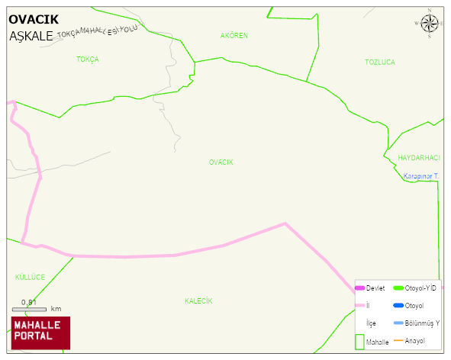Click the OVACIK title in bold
tap(33, 18)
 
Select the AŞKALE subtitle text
tap(32, 36)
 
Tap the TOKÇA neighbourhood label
tap(87, 59)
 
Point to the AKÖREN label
tap(234, 36)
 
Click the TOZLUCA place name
tap(380, 62)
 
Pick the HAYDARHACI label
tap(419, 157)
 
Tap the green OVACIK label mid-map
tap(221, 162)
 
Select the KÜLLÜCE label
tap(31, 276)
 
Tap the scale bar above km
tap(29, 309)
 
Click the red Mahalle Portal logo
tap(40, 333)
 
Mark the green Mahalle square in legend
tap(360, 341)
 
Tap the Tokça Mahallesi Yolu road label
tap(97, 33)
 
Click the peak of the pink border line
tap(285, 223)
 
